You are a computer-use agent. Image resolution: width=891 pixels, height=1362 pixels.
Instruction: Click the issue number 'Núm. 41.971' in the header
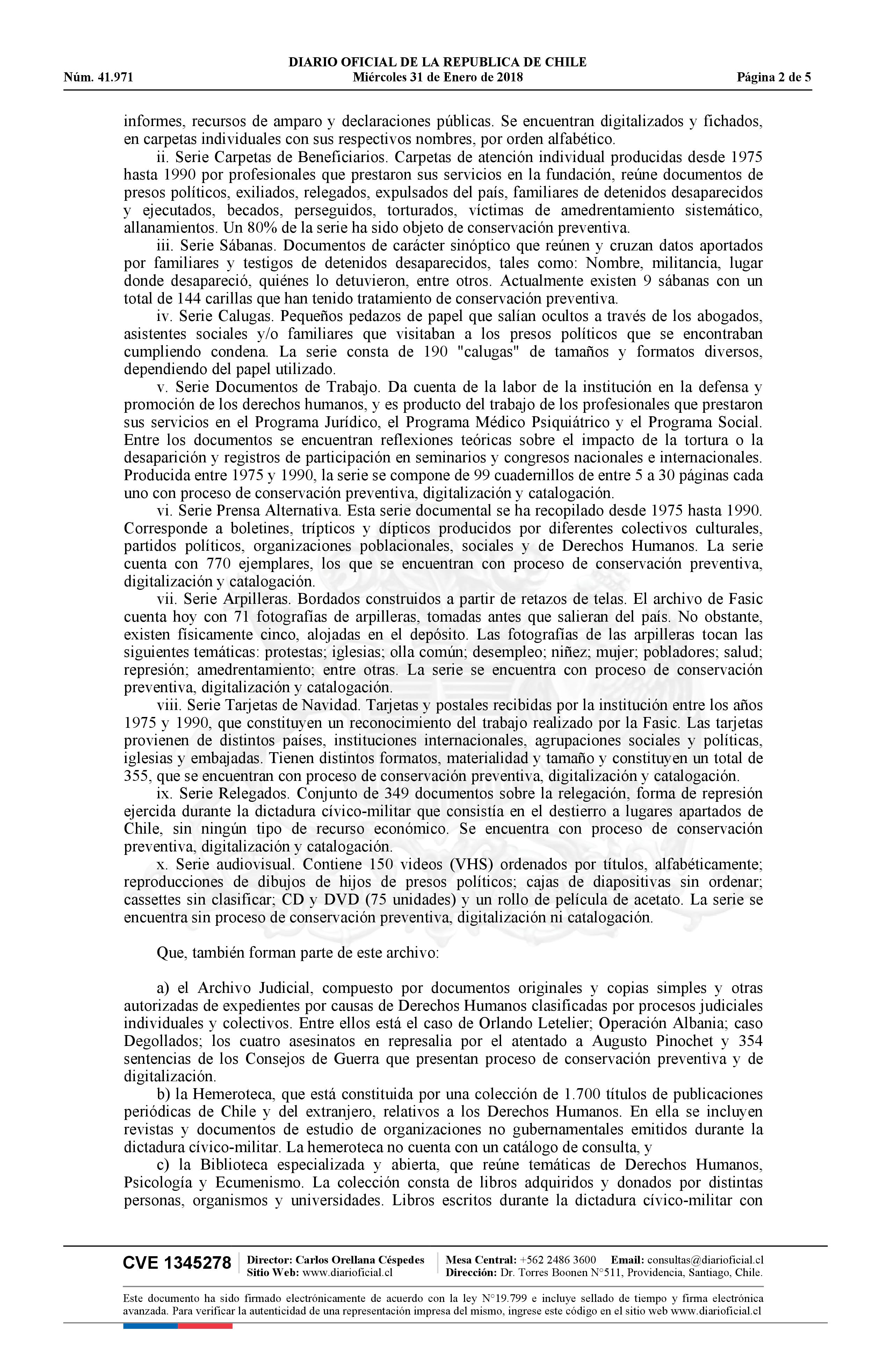point(99,77)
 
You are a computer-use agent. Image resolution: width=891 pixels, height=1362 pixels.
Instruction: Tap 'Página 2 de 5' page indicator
point(774,77)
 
